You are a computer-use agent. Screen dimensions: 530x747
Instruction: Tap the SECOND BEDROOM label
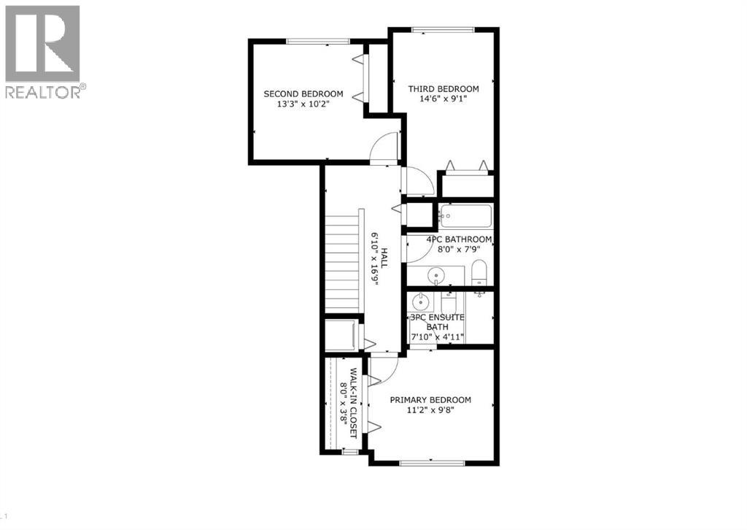[303, 94]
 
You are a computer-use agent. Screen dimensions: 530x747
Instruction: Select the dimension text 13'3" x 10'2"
[303, 104]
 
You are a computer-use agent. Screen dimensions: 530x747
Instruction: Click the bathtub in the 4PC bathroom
[466, 215]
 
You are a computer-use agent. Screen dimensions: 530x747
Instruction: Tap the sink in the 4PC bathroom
[436, 275]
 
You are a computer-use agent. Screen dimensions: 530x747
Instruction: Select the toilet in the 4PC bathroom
[479, 273]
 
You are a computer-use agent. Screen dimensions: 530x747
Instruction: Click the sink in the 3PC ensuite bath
[420, 302]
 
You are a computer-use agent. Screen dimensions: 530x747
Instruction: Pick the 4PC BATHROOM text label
[449, 239]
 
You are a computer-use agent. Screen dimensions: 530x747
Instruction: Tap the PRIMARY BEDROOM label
[430, 400]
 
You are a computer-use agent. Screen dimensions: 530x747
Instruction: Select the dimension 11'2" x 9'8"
[430, 410]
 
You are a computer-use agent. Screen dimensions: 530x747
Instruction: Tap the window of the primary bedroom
[432, 462]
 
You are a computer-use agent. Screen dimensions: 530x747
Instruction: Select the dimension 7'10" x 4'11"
[438, 337]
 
